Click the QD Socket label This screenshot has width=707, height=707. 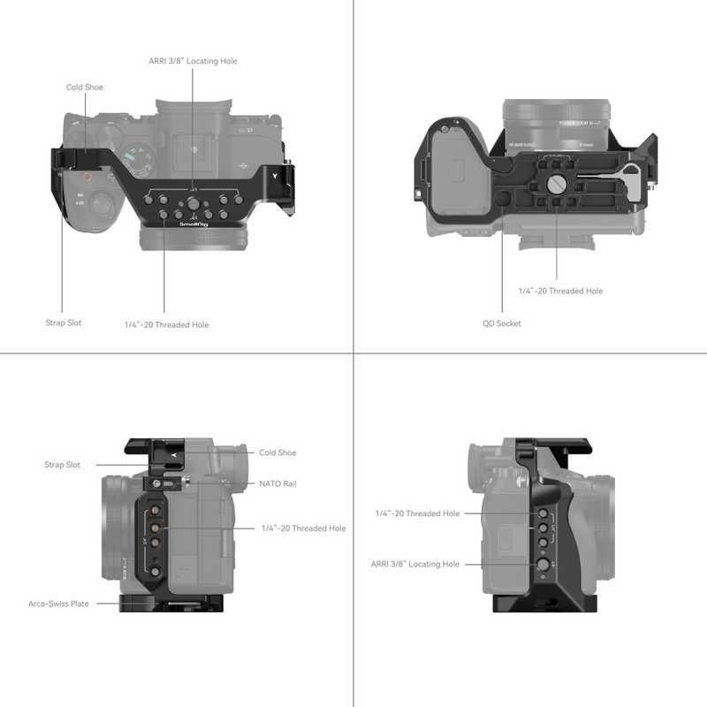501,323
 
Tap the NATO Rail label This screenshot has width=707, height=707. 277,484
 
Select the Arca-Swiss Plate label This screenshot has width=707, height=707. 57,604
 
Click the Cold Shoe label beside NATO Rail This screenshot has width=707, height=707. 277,452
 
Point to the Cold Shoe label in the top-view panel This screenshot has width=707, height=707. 85,87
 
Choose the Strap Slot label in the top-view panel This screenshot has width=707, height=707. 63,323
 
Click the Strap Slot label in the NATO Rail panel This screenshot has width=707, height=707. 62,464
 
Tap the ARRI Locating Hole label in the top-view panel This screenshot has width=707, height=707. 193,61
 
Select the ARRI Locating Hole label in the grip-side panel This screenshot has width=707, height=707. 414,563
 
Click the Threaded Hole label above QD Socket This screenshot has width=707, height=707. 560,291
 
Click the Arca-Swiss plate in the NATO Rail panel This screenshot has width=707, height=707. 150,603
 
